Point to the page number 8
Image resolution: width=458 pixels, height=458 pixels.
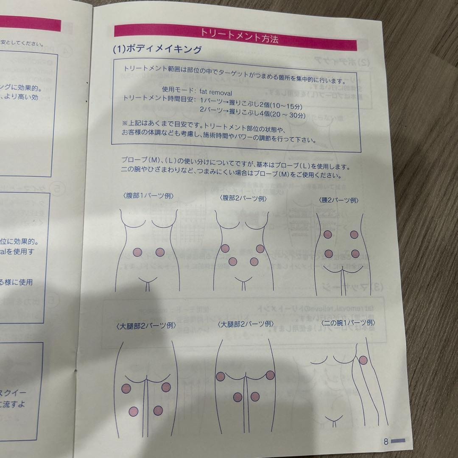coord(386,441)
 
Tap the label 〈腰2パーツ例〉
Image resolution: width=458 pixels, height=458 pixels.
coord(338,200)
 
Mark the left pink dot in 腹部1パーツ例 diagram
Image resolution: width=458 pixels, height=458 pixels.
coord(137,252)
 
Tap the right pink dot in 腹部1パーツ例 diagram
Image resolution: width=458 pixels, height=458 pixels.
coord(160,252)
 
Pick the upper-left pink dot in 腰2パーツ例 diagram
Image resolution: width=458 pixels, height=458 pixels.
coord(327,234)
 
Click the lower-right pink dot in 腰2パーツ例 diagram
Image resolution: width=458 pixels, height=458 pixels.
coord(355,254)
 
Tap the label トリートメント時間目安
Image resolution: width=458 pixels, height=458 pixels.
coord(159,99)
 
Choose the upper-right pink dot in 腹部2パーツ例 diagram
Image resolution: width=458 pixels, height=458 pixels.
coord(260,249)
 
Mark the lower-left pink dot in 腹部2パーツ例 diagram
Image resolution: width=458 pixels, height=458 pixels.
coord(232,261)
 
